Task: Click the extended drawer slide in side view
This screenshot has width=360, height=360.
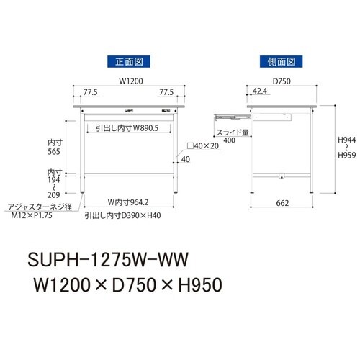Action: click(x=229, y=113)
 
